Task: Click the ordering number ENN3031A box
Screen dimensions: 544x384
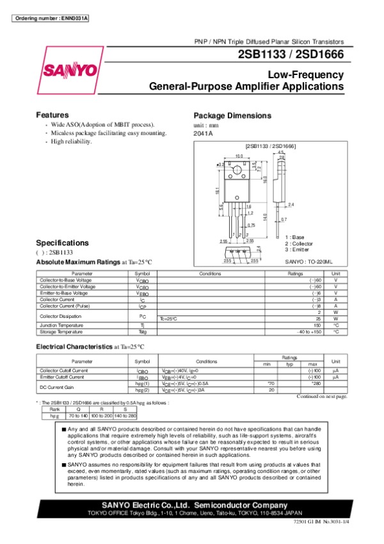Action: pyautogui.click(x=51, y=18)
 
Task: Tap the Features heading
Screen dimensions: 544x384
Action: pyautogui.click(x=52, y=114)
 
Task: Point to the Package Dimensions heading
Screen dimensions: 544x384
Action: pyautogui.click(x=232, y=115)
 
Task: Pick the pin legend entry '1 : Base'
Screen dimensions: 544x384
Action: pyautogui.click(x=295, y=237)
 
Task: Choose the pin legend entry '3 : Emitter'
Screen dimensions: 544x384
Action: pyautogui.click(x=298, y=250)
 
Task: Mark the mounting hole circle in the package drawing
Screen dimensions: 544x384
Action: pyautogui.click(x=236, y=170)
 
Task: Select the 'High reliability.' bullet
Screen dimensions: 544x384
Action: pyautogui.click(x=72, y=142)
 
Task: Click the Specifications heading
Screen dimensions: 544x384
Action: pyautogui.click(x=62, y=243)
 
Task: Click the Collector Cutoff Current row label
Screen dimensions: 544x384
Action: pyautogui.click(x=63, y=371)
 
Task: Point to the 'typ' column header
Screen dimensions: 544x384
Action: pyautogui.click(x=289, y=365)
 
